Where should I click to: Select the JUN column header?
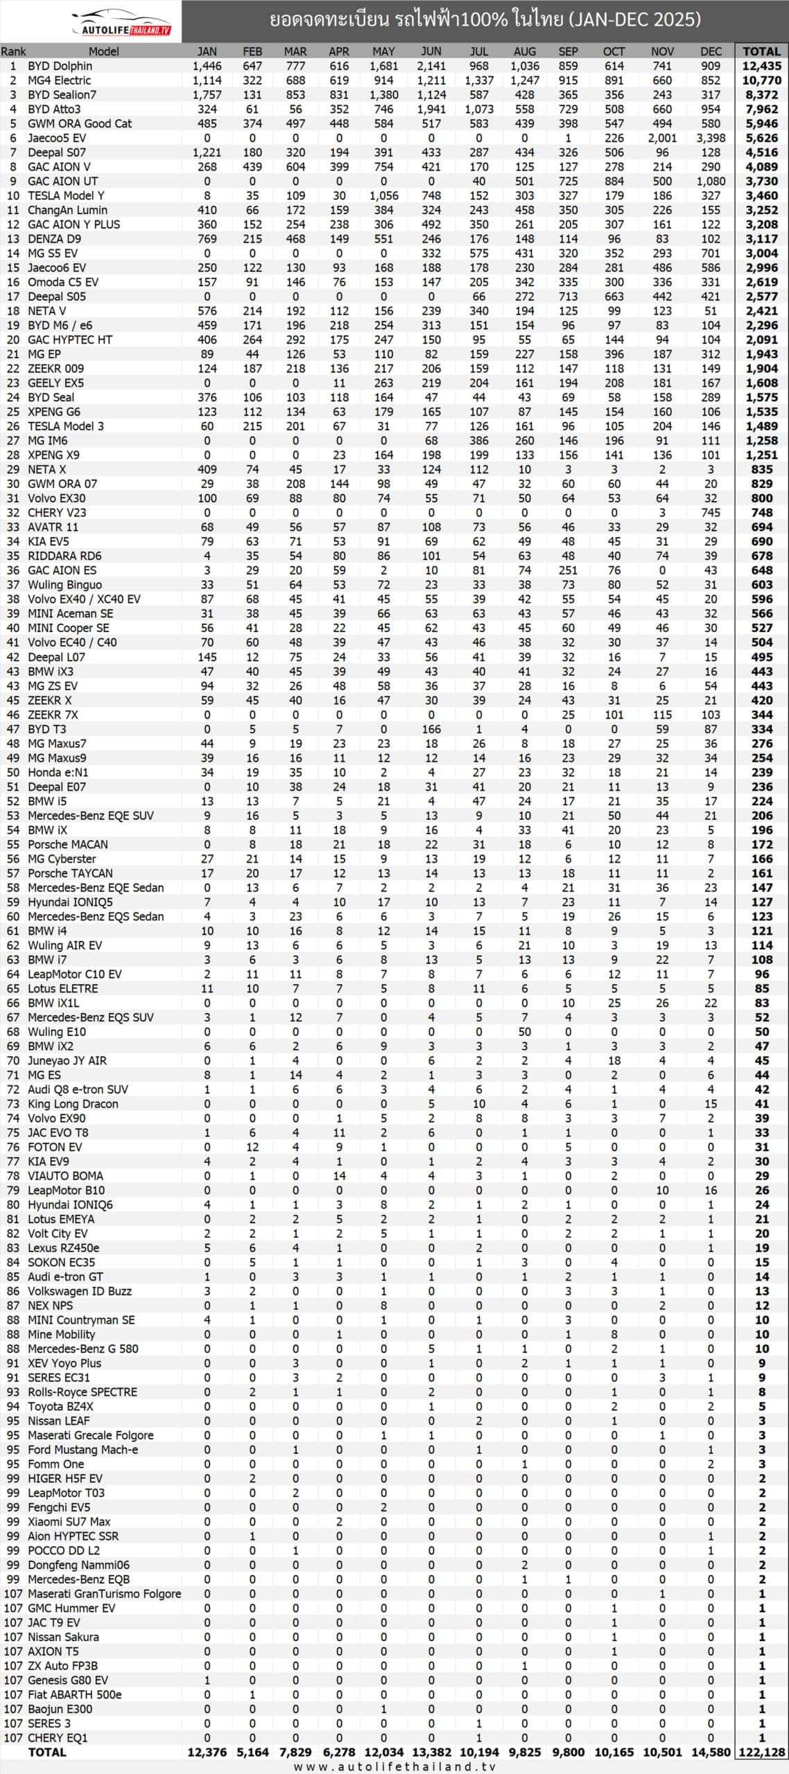coord(431,51)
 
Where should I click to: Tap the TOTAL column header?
coord(761,51)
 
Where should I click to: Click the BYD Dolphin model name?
coord(60,66)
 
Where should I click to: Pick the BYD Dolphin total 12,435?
coord(761,66)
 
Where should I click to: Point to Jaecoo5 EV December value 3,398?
coord(711,138)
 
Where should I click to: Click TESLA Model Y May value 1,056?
coord(383,195)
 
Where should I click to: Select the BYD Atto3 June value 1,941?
coord(431,109)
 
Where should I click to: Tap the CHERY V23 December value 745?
coord(711,513)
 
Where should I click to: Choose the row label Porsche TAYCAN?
coord(70,873)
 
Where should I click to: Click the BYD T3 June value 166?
coord(431,729)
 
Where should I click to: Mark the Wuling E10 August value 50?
coord(524,1032)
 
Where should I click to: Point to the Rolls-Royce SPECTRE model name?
coord(83,1392)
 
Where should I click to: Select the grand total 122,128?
coord(761,1753)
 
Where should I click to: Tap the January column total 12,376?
coord(207,1753)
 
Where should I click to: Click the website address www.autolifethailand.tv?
coord(394,1766)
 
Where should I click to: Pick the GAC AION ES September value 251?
coord(568,570)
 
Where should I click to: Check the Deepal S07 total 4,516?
coord(761,152)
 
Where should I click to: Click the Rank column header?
coord(13,51)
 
